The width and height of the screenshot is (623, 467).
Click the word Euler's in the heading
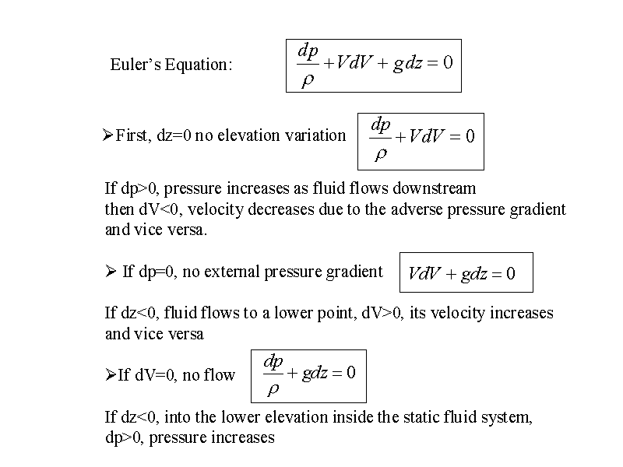pos(136,65)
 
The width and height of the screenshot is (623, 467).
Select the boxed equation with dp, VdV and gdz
pos(374,65)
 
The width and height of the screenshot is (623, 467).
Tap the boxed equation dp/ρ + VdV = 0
pos(421,142)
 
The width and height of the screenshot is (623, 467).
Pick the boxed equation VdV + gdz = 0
pos(466,272)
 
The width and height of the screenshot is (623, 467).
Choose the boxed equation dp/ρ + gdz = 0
pos(308,376)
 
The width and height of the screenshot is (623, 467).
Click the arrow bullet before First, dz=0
pos(107,135)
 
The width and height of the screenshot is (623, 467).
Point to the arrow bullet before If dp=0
pos(111,271)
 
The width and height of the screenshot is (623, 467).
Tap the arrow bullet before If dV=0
pos(111,374)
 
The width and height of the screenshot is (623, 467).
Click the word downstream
pos(435,188)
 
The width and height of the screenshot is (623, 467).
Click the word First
pos(133,135)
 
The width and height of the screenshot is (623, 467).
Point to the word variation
pos(316,135)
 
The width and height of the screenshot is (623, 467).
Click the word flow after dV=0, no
pos(220,374)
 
